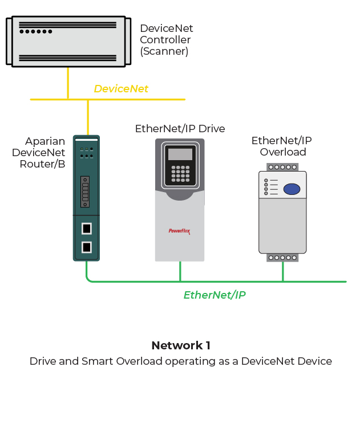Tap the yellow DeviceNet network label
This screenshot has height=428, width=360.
(x=121, y=89)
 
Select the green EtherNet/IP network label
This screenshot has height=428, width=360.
(x=215, y=295)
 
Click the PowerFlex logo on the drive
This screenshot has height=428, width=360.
(x=179, y=231)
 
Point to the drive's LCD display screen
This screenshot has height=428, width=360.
(x=180, y=154)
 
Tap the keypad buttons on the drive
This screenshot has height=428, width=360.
(x=180, y=174)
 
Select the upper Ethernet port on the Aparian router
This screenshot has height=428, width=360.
(x=86, y=229)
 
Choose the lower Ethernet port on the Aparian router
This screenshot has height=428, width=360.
(x=86, y=247)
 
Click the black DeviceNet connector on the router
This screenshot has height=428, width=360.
(x=85, y=191)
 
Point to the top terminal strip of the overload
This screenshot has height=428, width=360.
(x=282, y=167)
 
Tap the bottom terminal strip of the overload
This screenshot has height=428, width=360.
(x=282, y=258)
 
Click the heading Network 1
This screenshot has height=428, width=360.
(x=181, y=345)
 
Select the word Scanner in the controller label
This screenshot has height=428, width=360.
(x=164, y=51)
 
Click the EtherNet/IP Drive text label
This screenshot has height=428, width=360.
(x=180, y=129)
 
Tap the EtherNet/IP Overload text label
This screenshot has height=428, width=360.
(x=282, y=146)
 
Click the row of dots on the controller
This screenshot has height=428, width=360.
(x=36, y=31)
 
